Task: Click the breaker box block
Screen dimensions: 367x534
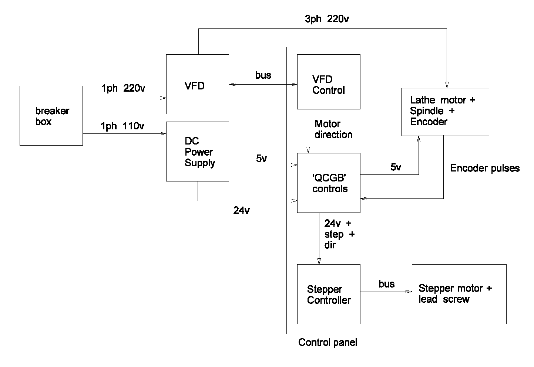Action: pyautogui.click(x=51, y=116)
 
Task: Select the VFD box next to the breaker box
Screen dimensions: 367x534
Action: pyautogui.click(x=197, y=84)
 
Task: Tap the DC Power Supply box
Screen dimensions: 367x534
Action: pyautogui.click(x=197, y=152)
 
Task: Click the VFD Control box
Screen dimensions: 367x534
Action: pyautogui.click(x=329, y=82)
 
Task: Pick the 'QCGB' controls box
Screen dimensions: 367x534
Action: pyautogui.click(x=329, y=183)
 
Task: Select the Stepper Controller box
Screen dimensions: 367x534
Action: pyautogui.click(x=329, y=294)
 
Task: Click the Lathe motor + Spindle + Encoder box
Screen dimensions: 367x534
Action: pyautogui.click(x=445, y=112)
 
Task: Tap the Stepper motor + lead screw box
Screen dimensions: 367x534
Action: pyautogui.click(x=459, y=294)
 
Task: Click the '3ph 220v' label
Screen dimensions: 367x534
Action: pyautogui.click(x=327, y=19)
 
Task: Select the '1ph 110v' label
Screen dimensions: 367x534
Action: pyautogui.click(x=122, y=126)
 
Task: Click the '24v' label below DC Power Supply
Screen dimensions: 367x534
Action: pyautogui.click(x=241, y=211)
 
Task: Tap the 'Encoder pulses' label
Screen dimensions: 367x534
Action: pyautogui.click(x=485, y=169)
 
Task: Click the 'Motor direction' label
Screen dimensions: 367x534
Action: pyautogui.click(x=333, y=129)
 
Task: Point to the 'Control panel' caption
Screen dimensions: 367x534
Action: pyautogui.click(x=328, y=343)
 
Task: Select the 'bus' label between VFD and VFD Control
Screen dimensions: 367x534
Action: pyautogui.click(x=263, y=75)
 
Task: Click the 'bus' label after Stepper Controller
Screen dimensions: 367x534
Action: pyautogui.click(x=387, y=284)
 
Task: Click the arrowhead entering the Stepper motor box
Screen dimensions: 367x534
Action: pyautogui.click(x=409, y=292)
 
